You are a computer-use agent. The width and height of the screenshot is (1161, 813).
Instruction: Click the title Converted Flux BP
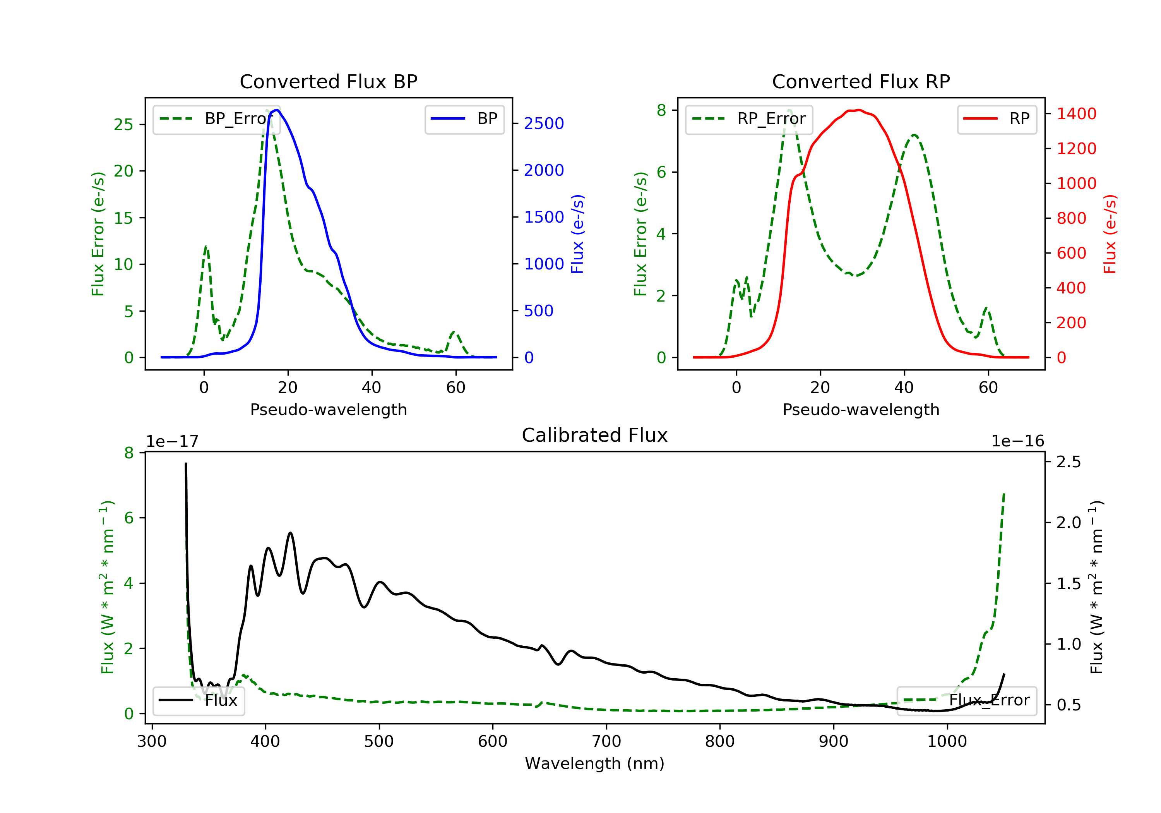328,81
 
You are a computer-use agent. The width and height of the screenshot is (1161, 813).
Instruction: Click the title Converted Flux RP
861,81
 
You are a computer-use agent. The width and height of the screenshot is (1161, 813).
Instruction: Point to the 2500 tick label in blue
544,123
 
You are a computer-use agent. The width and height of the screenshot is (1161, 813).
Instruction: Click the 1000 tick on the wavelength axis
947,742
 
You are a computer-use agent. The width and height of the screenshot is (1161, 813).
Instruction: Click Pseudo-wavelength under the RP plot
861,409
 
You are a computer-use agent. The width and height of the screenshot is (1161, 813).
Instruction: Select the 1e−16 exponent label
1017,441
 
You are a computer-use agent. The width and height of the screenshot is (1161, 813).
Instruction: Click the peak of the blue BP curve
277,110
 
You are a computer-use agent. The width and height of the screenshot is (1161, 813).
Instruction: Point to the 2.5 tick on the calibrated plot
1069,461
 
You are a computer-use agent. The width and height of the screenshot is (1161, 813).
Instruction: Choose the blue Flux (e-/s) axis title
577,234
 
